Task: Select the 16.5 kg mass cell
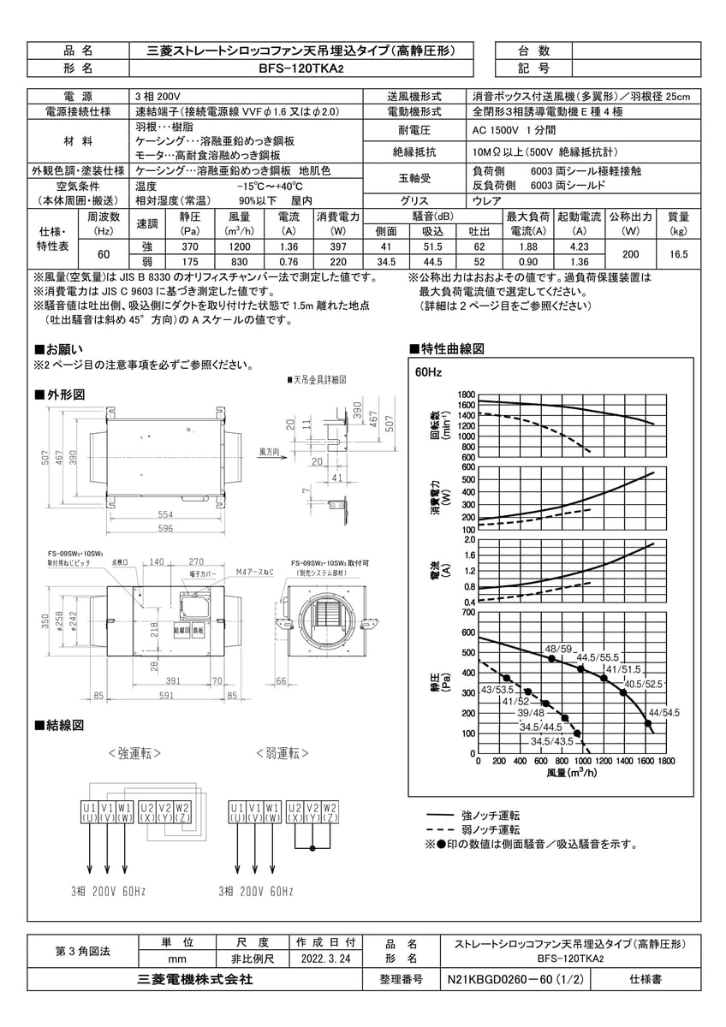point(678,254)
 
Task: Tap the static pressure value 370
point(190,246)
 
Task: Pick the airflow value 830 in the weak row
point(239,262)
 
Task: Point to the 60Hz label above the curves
point(428,374)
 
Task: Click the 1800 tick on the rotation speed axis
point(465,395)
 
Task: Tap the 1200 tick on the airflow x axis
point(604,760)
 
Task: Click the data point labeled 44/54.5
point(648,724)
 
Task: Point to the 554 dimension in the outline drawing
point(165,515)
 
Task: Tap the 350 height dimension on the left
point(44,622)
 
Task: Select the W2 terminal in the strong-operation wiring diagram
point(181,811)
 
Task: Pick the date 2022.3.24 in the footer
point(326,960)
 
